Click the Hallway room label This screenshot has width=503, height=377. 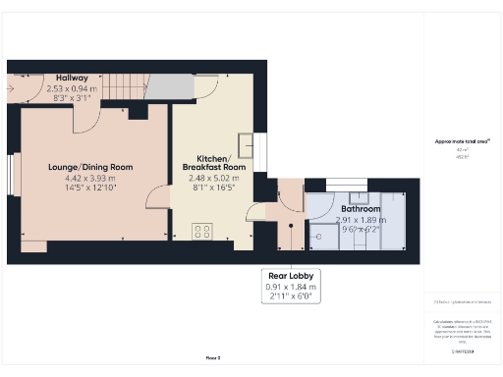[73, 78]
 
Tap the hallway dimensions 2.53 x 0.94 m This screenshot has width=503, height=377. [73, 88]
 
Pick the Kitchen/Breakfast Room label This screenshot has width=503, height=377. [214, 164]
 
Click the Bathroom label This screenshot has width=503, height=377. [362, 209]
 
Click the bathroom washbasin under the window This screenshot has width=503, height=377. [345, 195]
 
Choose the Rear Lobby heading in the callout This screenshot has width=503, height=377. [291, 276]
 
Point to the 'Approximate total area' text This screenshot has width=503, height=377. [461, 141]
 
